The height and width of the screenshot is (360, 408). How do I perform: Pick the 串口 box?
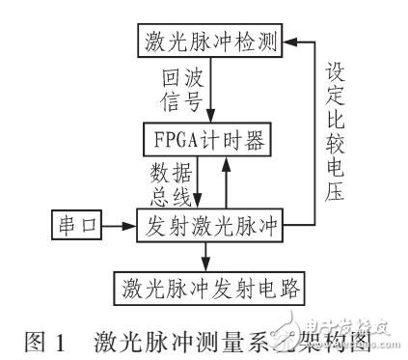[70, 228]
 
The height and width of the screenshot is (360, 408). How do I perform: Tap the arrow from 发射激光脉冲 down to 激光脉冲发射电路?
[204, 257]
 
